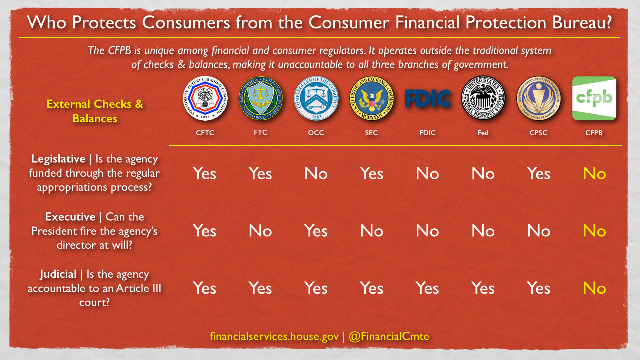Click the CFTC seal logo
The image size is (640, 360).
pos(205,98)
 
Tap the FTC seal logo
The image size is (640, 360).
pos(261,98)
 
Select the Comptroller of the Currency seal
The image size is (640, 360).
pos(316,98)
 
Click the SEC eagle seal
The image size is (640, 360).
pos(371,98)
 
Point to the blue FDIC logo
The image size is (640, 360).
pos(427,98)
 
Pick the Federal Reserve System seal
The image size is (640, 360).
pos(483,98)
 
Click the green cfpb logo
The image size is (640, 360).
pos(594,98)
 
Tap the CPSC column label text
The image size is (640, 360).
pos(538,133)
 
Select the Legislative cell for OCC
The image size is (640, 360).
pos(316,173)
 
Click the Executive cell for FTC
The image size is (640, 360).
pos(260,231)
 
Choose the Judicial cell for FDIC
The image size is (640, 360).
pos(427,288)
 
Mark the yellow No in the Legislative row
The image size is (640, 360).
pos(594,173)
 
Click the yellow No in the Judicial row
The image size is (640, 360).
pos(594,288)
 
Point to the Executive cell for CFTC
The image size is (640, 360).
pos(205,231)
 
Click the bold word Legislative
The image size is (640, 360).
pos(58,159)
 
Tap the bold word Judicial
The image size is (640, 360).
pos(58,274)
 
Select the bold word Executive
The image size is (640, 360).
pos(70,217)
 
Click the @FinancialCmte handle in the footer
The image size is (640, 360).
pos(389,336)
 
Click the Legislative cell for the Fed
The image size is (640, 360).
pos(483,173)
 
